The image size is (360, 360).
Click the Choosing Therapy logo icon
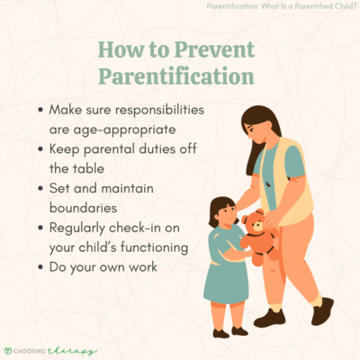tap(13, 346)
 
